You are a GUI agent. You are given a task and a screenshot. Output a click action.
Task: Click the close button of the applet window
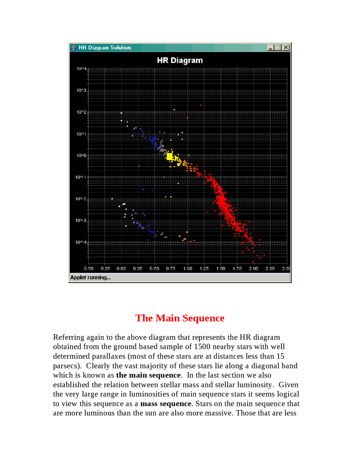click(x=286, y=48)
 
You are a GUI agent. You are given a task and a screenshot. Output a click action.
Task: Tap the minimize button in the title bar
click(x=270, y=48)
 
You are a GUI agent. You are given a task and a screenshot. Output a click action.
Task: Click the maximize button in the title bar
click(x=278, y=48)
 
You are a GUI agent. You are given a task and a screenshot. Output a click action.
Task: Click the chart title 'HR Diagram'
click(x=180, y=60)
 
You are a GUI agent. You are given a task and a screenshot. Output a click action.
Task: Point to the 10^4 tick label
click(x=81, y=69)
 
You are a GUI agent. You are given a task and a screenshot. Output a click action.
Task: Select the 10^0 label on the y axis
click(x=81, y=155)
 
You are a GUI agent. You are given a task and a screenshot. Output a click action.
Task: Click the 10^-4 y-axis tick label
click(x=81, y=242)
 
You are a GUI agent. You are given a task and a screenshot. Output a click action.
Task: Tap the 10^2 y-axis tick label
click(x=81, y=112)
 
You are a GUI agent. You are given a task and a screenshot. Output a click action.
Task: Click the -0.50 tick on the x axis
click(x=88, y=268)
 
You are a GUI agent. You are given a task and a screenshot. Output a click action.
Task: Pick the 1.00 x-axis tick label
click(x=188, y=268)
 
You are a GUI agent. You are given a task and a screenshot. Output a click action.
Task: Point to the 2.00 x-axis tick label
click(x=254, y=268)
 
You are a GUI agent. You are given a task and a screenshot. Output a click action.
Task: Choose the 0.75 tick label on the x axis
click(x=171, y=268)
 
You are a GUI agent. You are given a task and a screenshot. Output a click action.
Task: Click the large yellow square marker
click(x=170, y=156)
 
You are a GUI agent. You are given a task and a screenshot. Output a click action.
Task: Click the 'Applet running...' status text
click(x=90, y=277)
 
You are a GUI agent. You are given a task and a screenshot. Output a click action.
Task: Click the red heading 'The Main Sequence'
click(x=180, y=318)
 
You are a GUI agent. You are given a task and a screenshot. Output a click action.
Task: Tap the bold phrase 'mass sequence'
click(x=166, y=404)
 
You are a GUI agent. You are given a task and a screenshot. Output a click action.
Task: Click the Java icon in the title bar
click(x=74, y=48)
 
